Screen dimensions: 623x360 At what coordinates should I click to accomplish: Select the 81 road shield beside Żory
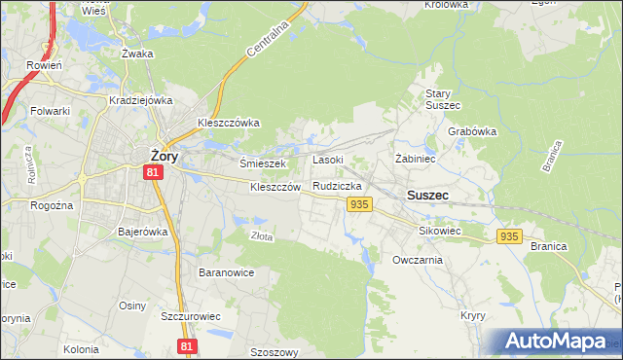(x=152, y=172)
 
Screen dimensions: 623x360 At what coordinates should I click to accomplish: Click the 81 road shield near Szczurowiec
(x=189, y=346)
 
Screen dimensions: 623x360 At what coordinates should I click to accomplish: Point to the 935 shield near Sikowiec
(x=509, y=236)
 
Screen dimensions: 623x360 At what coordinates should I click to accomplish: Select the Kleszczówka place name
(x=228, y=123)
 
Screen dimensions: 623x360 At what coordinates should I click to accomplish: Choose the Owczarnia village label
(x=418, y=260)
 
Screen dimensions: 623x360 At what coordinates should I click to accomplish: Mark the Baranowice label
(x=226, y=272)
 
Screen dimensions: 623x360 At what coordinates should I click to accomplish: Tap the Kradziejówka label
(x=141, y=100)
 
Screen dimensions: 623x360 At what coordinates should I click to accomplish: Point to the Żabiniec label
(x=414, y=157)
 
